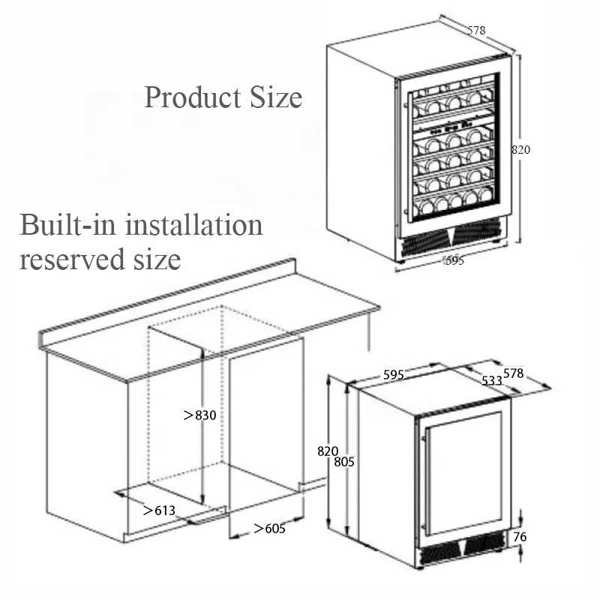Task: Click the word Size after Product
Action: tap(274, 97)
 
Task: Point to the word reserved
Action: tap(66, 259)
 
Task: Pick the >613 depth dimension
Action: tap(159, 511)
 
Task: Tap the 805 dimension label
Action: tap(343, 462)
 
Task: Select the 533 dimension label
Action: tap(492, 380)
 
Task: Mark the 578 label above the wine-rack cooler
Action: tap(476, 31)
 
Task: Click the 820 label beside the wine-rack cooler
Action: tap(520, 149)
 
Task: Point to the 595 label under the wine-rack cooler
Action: tap(454, 260)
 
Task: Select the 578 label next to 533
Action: tap(513, 373)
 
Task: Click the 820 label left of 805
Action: tap(327, 451)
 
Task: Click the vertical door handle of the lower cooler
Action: tap(424, 480)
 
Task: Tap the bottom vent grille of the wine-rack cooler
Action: tap(450, 238)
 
